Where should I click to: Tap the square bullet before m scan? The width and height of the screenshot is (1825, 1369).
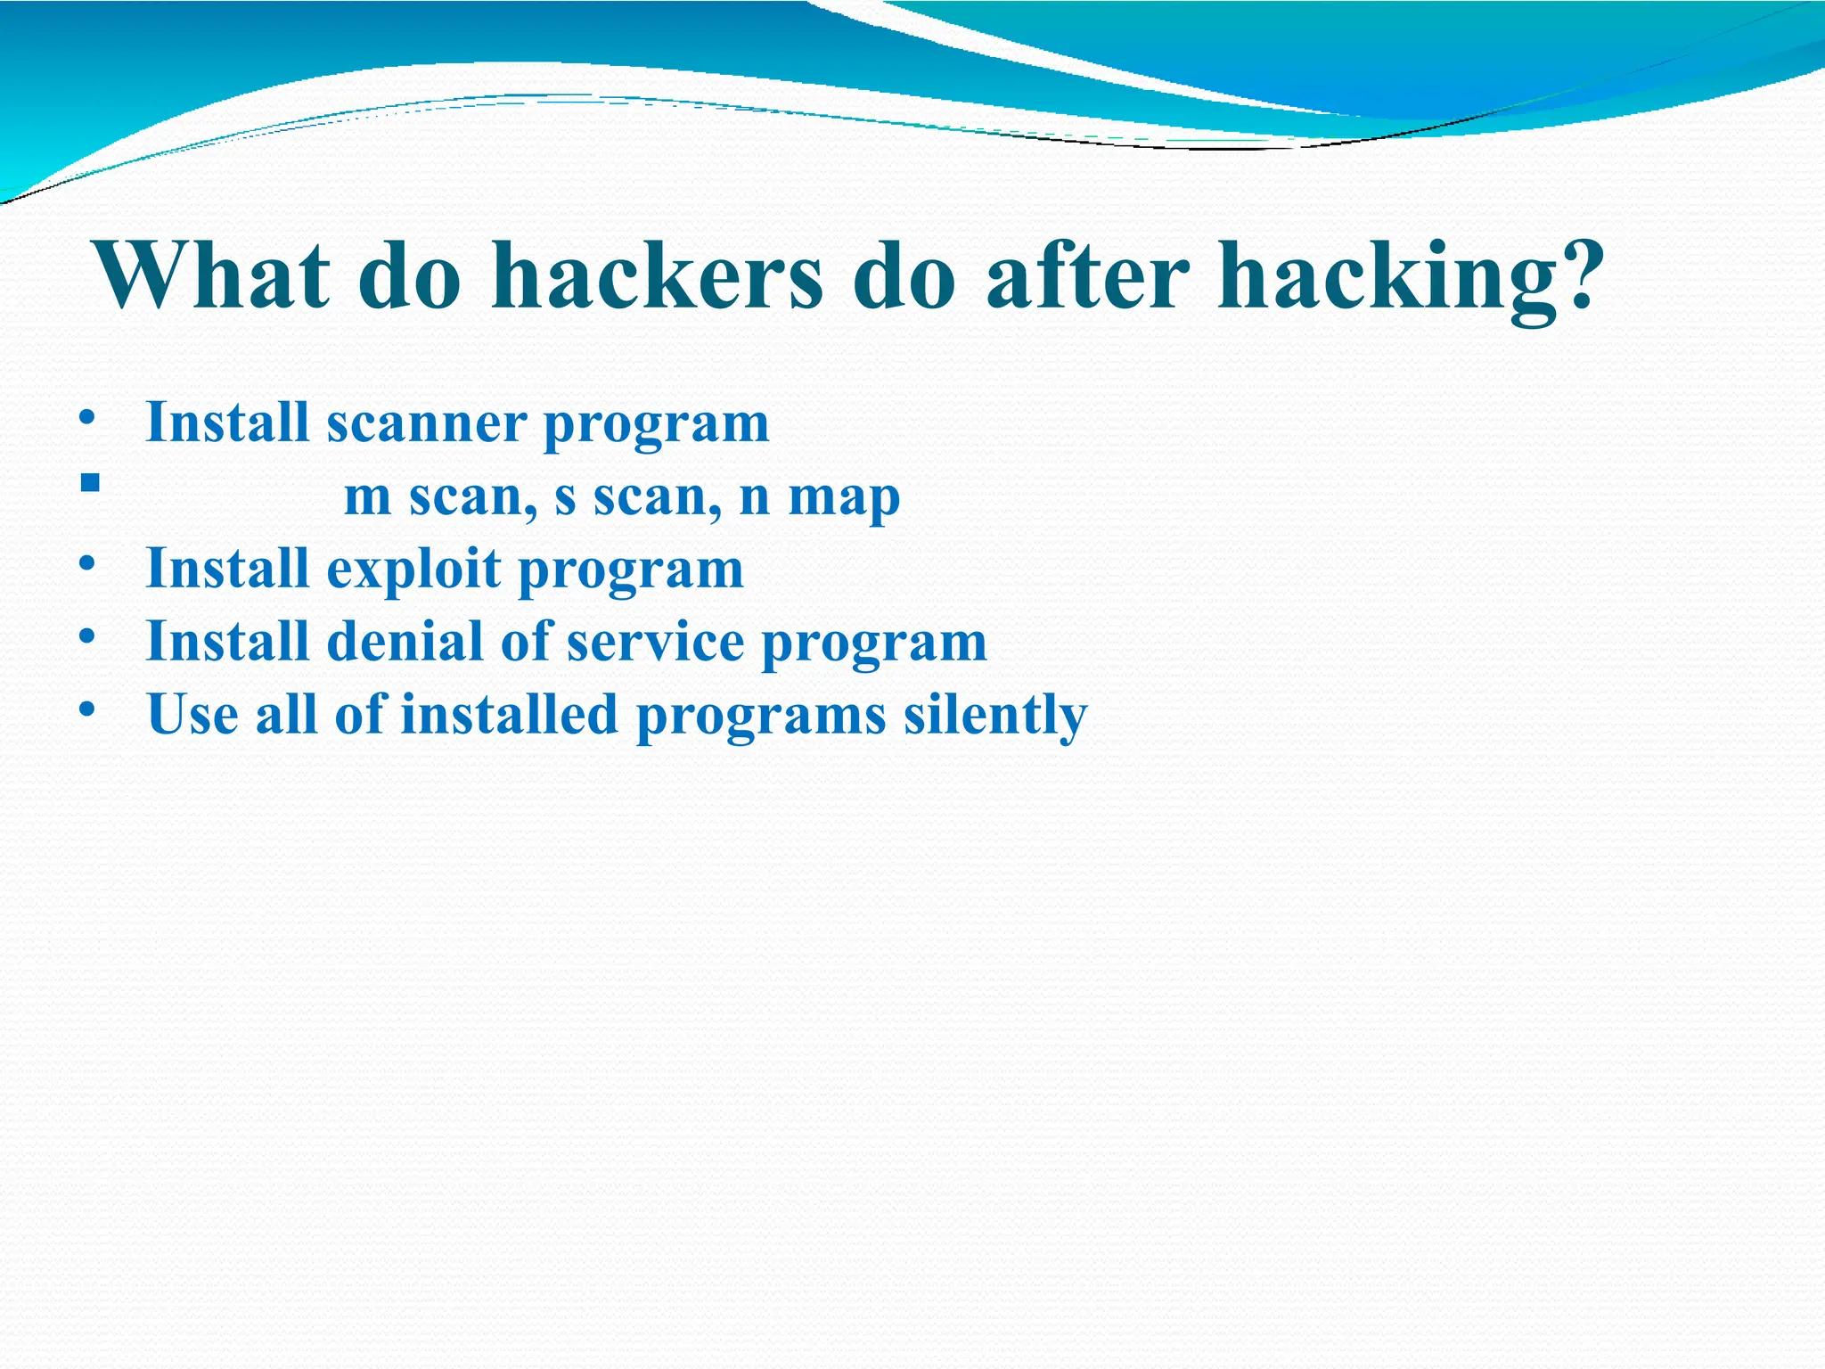88,484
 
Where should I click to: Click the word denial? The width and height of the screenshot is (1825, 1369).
405,642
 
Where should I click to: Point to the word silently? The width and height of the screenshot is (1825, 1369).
995,716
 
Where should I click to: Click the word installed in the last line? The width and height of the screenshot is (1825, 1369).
509,715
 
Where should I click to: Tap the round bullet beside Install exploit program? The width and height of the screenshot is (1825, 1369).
86,563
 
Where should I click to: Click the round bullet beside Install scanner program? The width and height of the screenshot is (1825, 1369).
86,416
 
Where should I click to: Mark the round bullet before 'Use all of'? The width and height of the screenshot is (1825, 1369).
86,709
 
